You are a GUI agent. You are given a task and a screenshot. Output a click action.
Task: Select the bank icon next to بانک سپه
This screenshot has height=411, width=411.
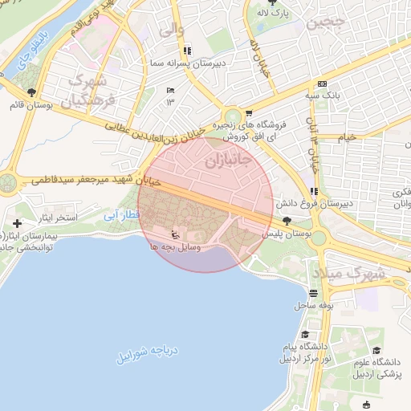point(323,83)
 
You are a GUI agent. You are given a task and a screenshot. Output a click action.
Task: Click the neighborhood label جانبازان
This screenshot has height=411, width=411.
point(229,161)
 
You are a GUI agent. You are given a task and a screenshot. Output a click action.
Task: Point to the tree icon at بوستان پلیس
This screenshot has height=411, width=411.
point(287,220)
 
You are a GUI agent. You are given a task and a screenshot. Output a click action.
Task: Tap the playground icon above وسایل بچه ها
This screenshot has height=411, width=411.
point(175,234)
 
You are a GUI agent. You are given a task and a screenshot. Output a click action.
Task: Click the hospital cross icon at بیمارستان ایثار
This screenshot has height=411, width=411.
point(18,222)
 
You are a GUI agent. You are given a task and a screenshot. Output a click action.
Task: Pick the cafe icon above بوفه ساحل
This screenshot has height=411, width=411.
point(313,293)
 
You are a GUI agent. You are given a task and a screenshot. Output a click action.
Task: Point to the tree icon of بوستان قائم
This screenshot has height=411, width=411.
point(31,92)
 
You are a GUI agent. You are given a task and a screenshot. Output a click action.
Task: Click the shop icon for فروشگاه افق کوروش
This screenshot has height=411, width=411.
point(249,112)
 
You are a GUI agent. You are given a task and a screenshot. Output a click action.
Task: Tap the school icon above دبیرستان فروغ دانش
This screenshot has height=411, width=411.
point(314,191)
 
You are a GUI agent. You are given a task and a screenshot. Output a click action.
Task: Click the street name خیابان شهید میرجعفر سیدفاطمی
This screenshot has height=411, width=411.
point(96,181)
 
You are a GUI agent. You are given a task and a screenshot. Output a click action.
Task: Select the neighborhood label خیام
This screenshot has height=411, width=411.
point(347,137)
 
